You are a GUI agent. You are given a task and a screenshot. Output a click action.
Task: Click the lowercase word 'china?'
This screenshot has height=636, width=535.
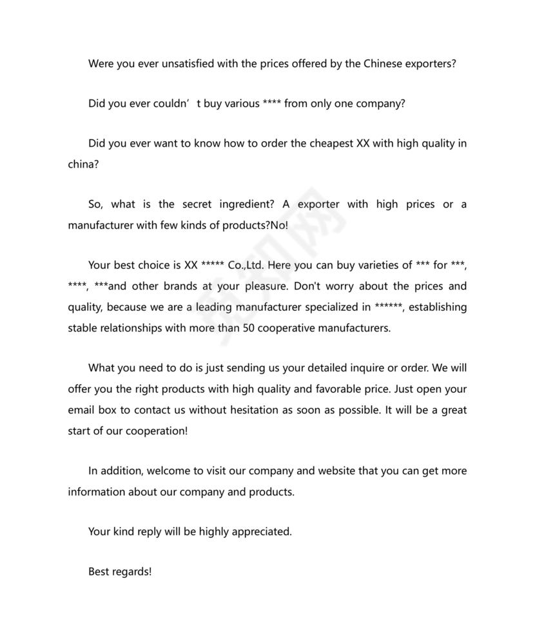point(84,164)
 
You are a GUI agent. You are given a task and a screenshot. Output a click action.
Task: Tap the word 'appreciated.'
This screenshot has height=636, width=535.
point(263,532)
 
